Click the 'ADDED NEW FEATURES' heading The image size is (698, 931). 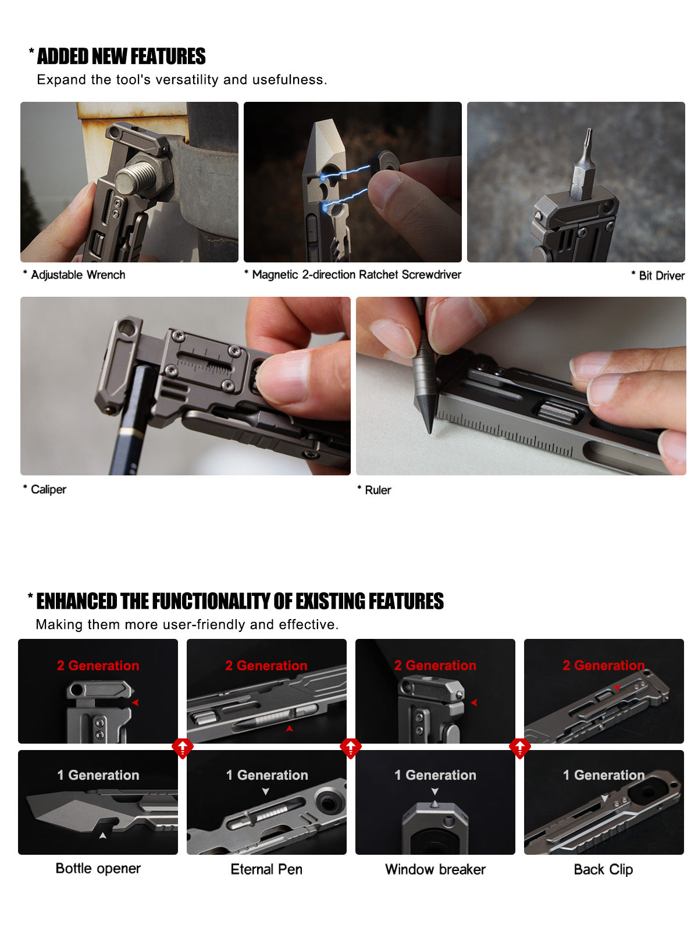(121, 56)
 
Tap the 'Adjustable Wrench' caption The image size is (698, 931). (77, 275)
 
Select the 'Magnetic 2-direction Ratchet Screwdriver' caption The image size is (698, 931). (356, 275)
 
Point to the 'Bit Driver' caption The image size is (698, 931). (661, 276)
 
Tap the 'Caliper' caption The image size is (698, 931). (48, 489)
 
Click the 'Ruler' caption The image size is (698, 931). (378, 490)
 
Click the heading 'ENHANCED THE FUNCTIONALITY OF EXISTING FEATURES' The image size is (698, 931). (240, 601)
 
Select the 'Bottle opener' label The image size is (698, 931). (98, 868)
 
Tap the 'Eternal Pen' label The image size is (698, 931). (266, 869)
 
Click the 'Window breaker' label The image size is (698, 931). (435, 869)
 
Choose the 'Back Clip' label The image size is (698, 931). (603, 869)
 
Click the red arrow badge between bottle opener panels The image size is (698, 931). (182, 747)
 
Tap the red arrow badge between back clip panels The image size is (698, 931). (519, 747)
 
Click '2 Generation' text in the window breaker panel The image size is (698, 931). (435, 665)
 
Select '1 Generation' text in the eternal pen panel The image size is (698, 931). (266, 775)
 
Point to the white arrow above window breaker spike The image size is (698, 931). (435, 791)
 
